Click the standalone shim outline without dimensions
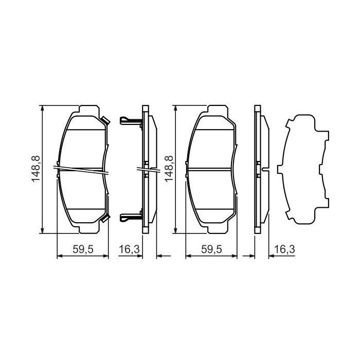(x=303, y=170)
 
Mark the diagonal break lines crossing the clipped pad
(x=82, y=170)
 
